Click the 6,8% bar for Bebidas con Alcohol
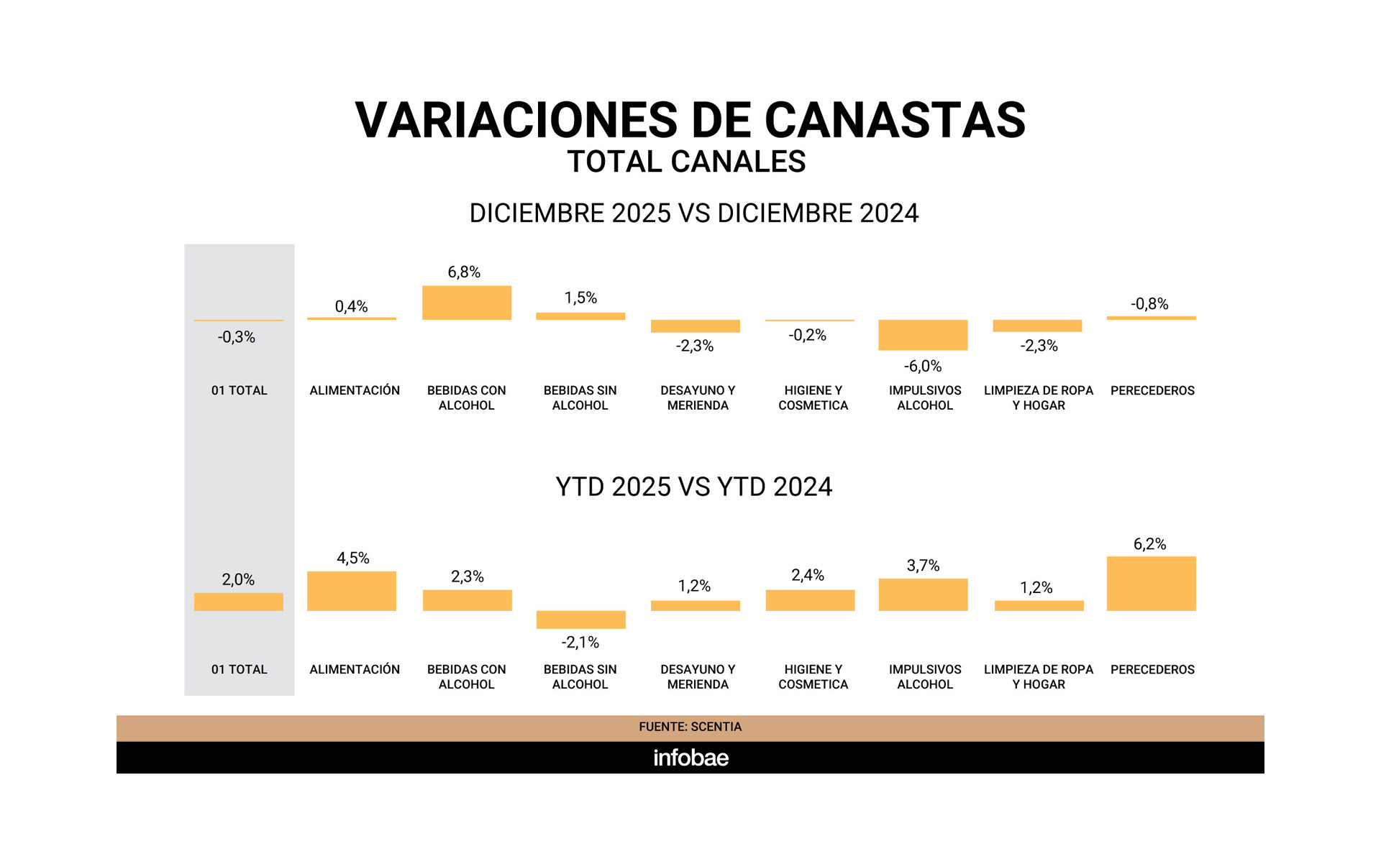[466, 303]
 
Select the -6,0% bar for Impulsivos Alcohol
[923, 335]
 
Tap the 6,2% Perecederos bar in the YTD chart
[1151, 583]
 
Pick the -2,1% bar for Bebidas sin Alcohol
[580, 619]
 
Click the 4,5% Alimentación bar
[351, 591]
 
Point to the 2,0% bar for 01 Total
[238, 602]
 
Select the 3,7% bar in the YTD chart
[923, 594]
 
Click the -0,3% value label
[237, 337]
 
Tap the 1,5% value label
[580, 298]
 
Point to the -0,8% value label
[1149, 304]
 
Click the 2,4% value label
[808, 575]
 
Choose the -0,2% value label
[808, 335]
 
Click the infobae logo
[690, 758]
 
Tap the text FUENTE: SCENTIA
[690, 727]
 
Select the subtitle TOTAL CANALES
[686, 162]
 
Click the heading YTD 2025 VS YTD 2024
[693, 487]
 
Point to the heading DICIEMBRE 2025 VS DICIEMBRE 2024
[693, 213]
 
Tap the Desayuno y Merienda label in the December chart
[698, 397]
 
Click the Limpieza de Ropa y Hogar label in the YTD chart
[1038, 676]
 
